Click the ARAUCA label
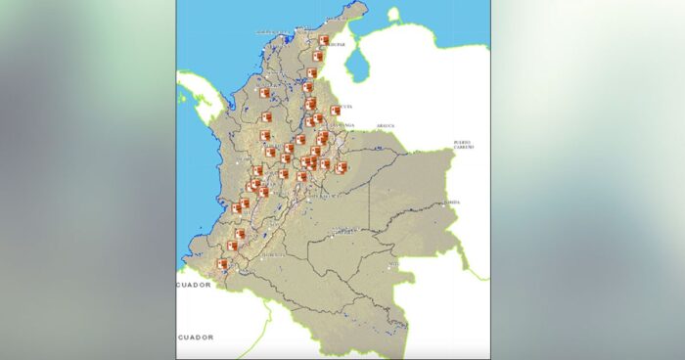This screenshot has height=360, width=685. point(386,125)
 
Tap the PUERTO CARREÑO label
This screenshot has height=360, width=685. point(463,145)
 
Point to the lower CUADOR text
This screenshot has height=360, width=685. point(195,337)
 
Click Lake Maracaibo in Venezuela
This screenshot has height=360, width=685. point(357,67)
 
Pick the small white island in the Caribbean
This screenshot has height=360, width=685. point(393,15)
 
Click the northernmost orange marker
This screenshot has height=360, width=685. point(324,41)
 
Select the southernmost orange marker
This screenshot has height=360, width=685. point(222,264)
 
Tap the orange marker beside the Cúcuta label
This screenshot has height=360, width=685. point(336,111)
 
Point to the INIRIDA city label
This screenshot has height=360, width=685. point(451,202)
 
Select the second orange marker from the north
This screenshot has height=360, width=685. point(318,57)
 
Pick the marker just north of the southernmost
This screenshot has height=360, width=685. point(233,247)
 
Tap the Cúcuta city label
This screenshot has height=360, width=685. point(345,106)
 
